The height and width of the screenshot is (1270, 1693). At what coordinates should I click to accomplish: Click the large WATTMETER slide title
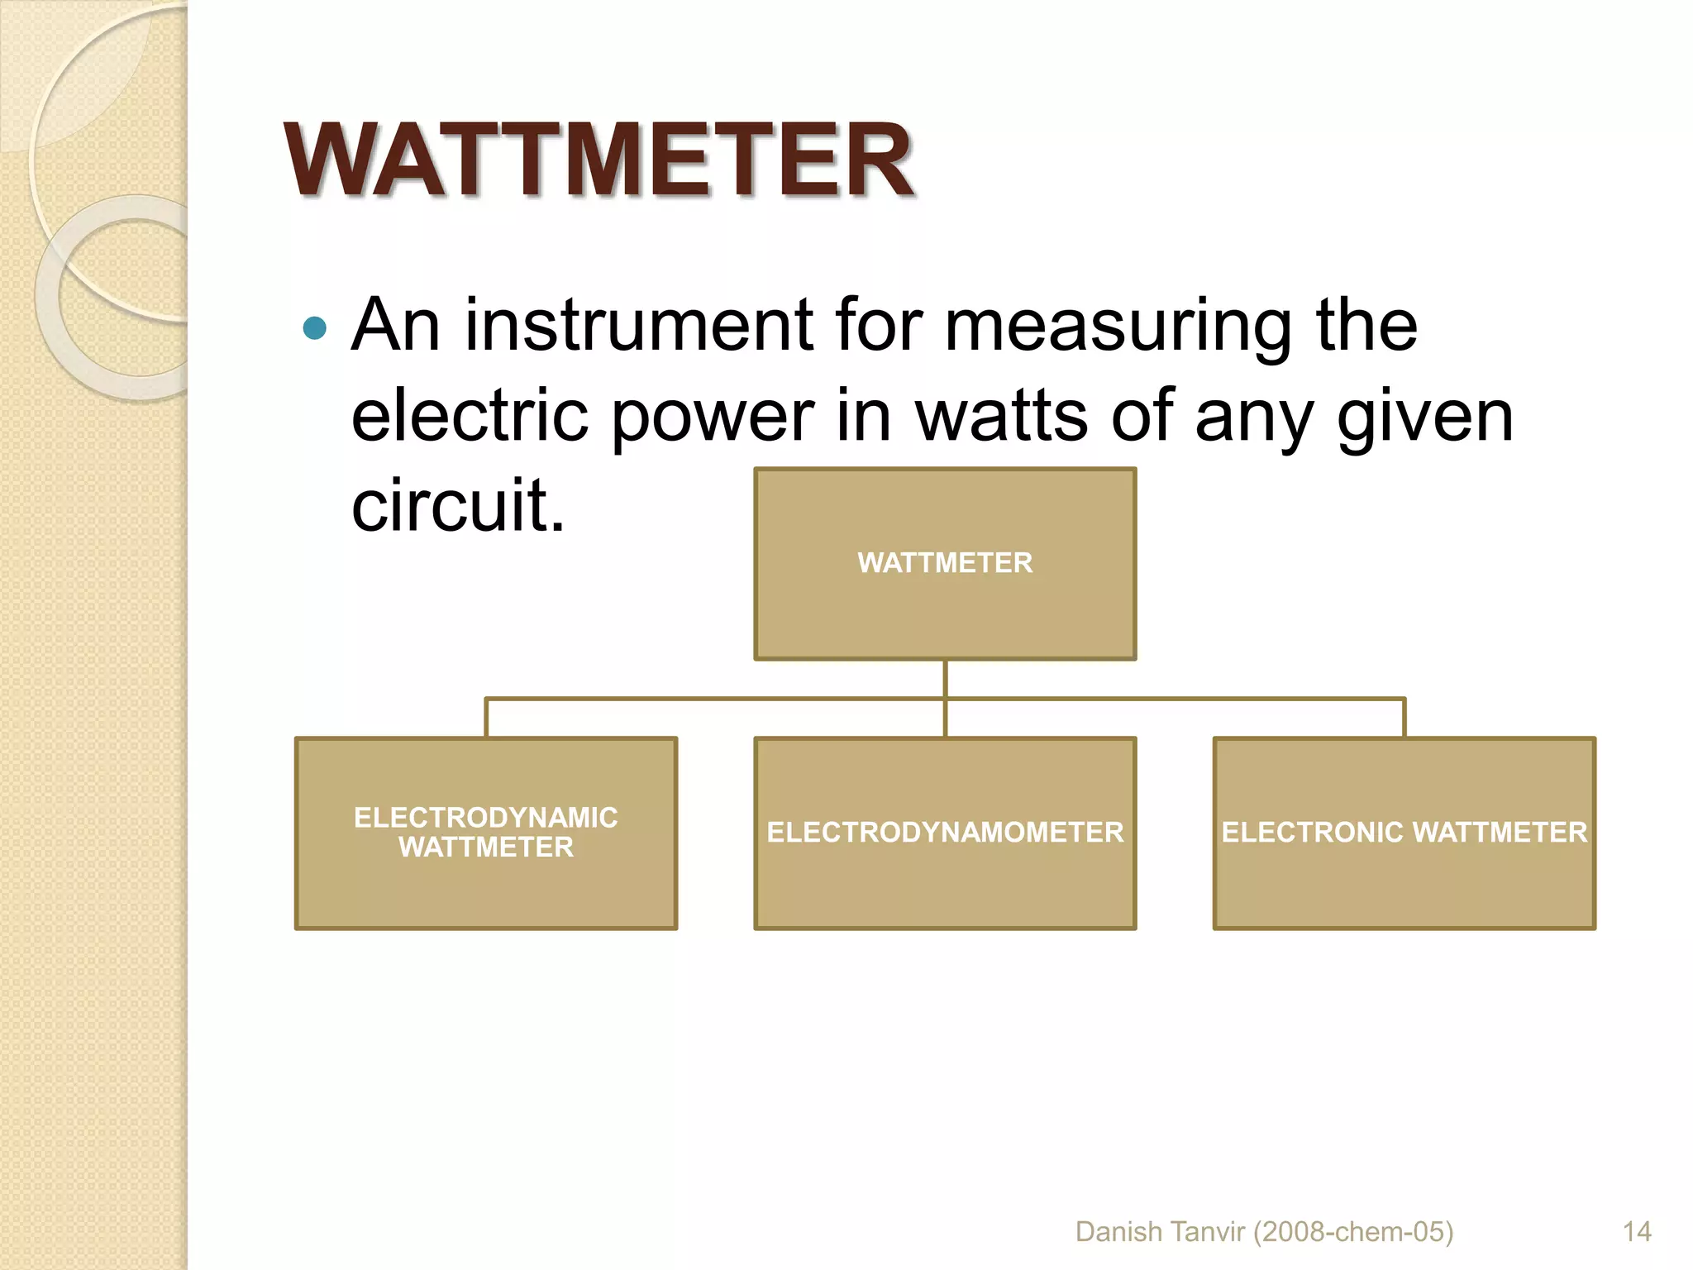click(x=599, y=160)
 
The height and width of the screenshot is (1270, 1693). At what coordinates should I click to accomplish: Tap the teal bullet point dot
click(x=315, y=328)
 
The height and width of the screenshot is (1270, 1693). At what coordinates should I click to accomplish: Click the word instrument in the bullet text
click(x=639, y=326)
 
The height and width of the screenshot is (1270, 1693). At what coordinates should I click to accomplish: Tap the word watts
click(x=1001, y=416)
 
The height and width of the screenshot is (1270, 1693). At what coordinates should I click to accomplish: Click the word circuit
click(x=457, y=505)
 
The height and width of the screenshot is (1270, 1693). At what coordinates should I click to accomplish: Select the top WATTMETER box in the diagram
click(x=945, y=564)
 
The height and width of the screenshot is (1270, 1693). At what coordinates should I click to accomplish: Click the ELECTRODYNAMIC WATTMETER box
click(x=486, y=833)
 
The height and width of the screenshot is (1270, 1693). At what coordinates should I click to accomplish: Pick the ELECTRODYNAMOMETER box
click(x=945, y=833)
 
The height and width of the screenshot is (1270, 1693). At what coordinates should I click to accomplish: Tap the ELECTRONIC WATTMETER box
click(x=1404, y=833)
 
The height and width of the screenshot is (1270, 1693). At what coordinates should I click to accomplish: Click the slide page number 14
click(x=1637, y=1232)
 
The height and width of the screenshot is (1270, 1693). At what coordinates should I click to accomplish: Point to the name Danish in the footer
click(x=1118, y=1232)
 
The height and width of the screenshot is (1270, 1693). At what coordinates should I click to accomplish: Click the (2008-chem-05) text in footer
click(x=1353, y=1232)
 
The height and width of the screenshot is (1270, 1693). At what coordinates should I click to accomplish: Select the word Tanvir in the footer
click(x=1208, y=1232)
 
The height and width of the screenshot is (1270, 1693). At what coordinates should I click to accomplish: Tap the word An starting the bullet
click(x=395, y=326)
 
